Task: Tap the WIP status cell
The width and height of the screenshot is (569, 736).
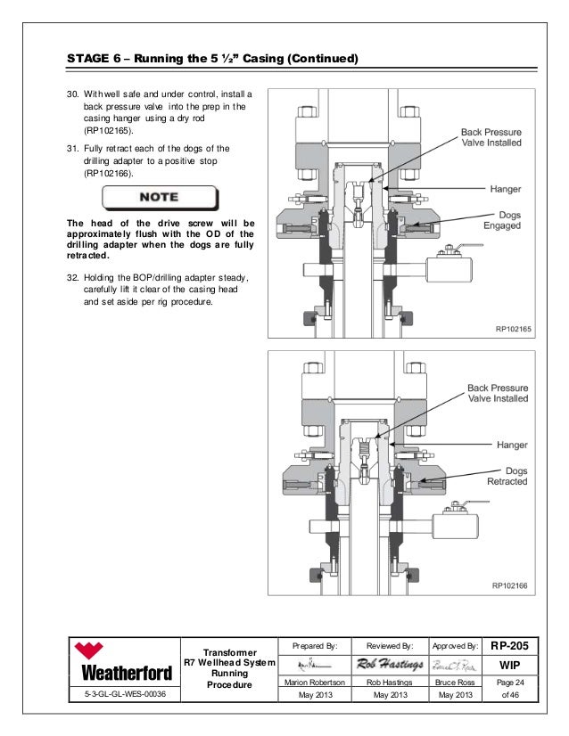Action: pos(511,664)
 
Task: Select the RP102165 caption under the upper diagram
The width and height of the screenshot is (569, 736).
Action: pos(512,330)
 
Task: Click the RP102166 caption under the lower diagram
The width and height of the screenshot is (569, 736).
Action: pos(512,585)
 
